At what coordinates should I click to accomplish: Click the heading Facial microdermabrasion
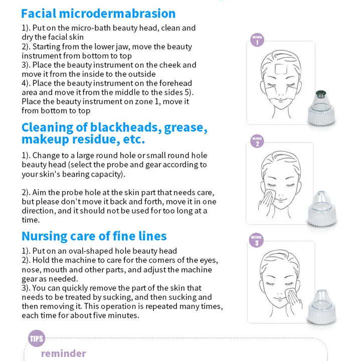(x=98, y=14)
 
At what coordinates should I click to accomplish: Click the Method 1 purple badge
(x=257, y=40)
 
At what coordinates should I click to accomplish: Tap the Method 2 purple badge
(x=257, y=142)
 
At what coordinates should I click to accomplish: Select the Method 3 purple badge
(x=257, y=241)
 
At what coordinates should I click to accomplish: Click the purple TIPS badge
(x=37, y=338)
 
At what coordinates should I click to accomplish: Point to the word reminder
(x=64, y=353)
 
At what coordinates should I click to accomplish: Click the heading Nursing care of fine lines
(x=94, y=236)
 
